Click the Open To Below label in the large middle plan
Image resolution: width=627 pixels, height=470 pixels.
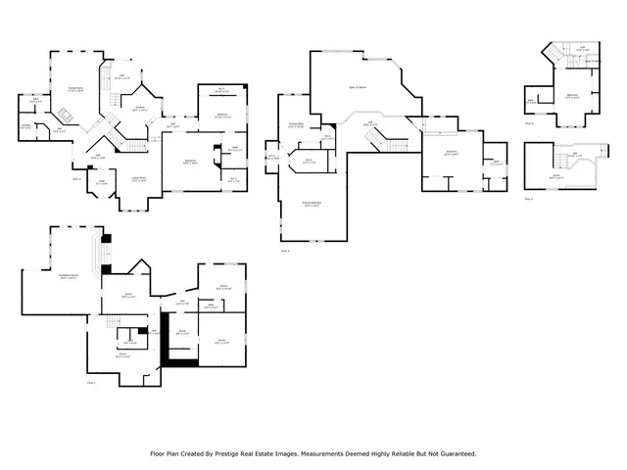[x=371, y=86]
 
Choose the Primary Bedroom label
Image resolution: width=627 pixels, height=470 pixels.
[x=312, y=205]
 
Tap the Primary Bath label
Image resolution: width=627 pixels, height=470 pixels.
[x=295, y=124]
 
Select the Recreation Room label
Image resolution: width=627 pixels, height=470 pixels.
[x=68, y=277]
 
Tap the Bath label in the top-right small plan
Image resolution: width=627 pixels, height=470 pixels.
[x=531, y=101]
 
